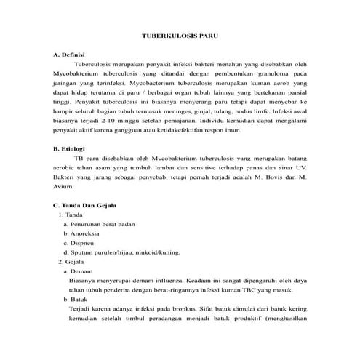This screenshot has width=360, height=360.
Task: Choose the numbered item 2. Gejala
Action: [x=71, y=260]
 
